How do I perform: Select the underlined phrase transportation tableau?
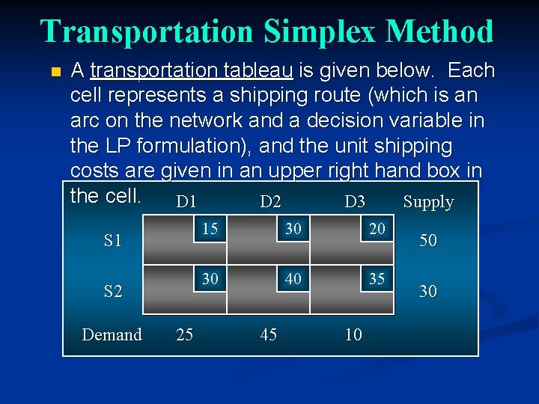click(192, 71)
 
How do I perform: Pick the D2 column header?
click(270, 202)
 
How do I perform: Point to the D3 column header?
click(355, 202)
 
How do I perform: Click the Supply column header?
click(428, 202)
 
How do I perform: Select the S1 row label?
click(113, 242)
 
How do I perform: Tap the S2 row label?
click(113, 291)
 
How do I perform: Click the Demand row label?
click(112, 334)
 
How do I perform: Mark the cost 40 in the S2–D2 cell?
click(293, 279)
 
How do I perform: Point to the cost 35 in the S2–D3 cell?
click(377, 279)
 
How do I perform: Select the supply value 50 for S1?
click(427, 242)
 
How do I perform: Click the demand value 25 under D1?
click(184, 334)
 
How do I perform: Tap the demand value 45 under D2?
click(268, 334)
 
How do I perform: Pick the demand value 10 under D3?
click(353, 334)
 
